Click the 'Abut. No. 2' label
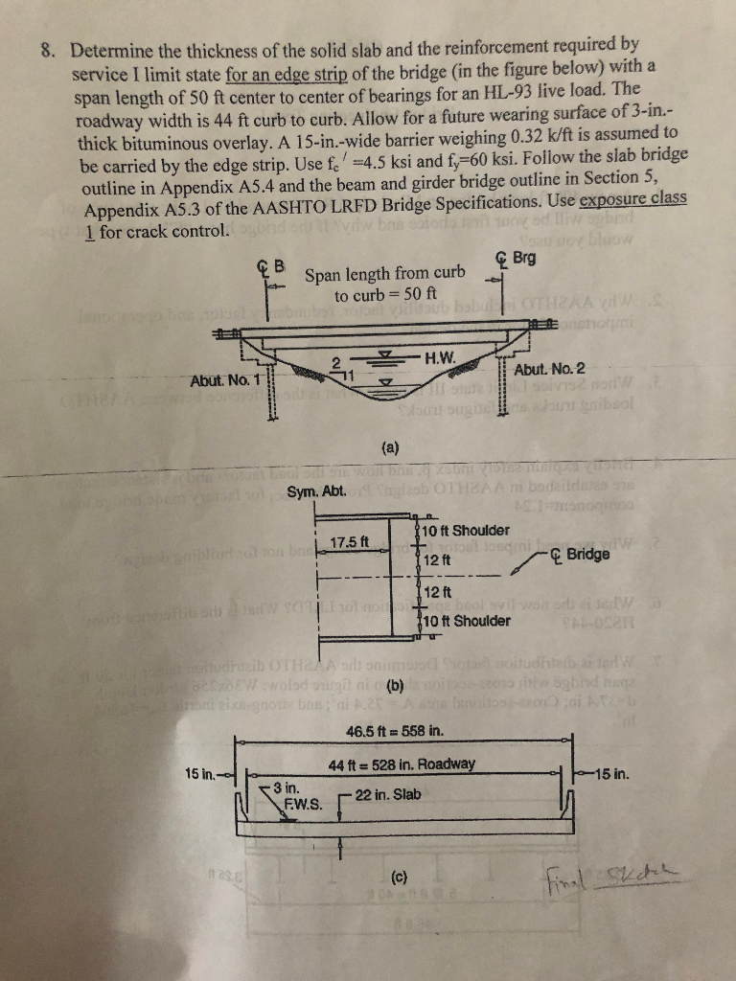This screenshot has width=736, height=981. [549, 370]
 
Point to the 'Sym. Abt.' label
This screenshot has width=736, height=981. [315, 491]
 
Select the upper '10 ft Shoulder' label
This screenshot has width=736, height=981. [466, 530]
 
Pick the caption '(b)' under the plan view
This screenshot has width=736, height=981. [393, 685]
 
